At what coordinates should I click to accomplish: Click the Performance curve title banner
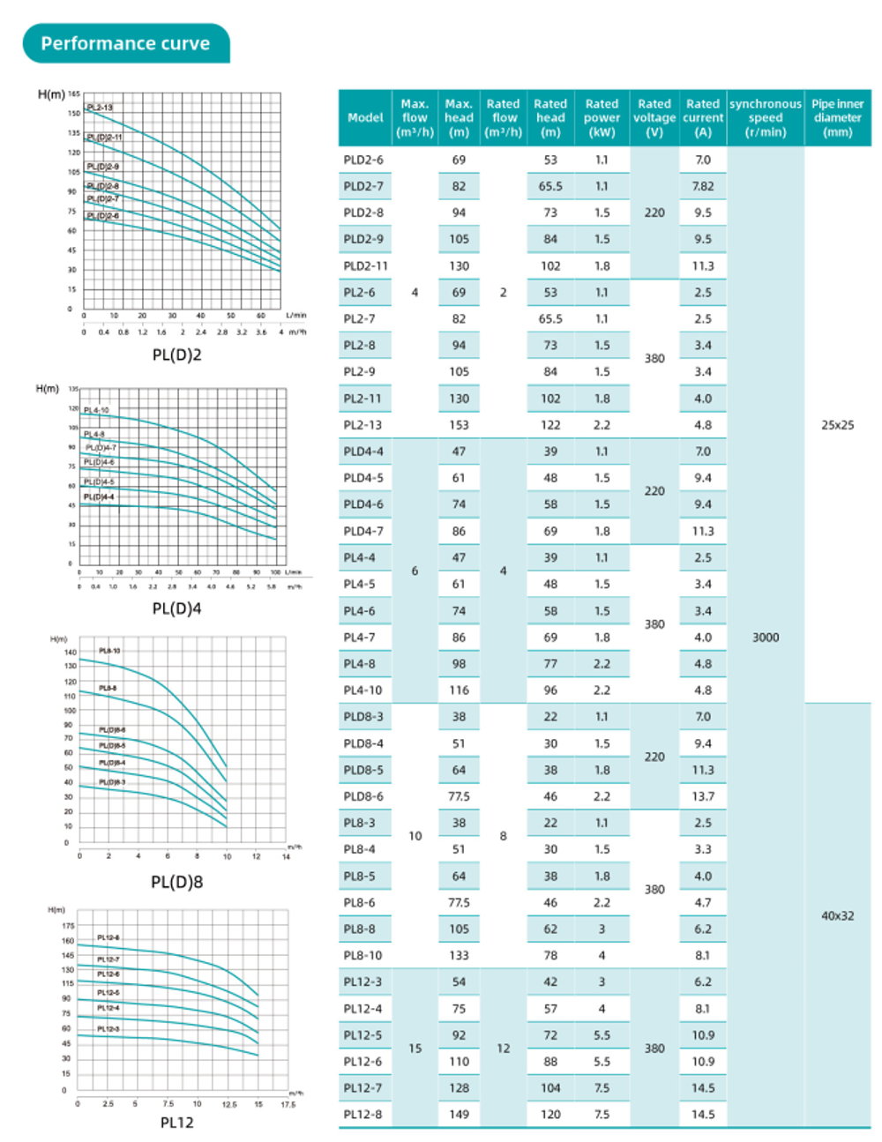click(x=125, y=43)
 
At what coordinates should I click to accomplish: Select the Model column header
click(x=365, y=117)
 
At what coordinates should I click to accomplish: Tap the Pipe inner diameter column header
click(x=837, y=117)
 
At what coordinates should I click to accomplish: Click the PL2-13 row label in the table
click(x=363, y=425)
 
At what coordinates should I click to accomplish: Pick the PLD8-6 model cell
click(x=363, y=796)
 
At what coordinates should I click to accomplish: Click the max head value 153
click(x=459, y=425)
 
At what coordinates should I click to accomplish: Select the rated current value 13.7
click(x=702, y=796)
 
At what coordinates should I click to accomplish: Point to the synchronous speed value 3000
click(x=765, y=637)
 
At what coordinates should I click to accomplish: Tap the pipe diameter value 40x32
click(x=837, y=915)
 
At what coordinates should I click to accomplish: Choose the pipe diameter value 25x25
click(x=837, y=425)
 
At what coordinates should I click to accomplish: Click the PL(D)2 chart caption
click(x=176, y=355)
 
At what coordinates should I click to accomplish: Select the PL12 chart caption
click(x=176, y=1122)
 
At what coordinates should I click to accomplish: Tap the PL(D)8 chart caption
click(x=176, y=882)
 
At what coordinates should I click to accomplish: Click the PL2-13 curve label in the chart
click(x=100, y=108)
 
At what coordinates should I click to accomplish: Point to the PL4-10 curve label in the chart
click(x=96, y=410)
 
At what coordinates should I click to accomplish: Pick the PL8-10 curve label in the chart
click(x=109, y=651)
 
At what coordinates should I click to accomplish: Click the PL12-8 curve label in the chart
click(x=108, y=937)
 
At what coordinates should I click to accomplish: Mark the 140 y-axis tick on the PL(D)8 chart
click(x=71, y=653)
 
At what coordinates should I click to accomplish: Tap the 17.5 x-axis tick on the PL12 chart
click(x=288, y=1104)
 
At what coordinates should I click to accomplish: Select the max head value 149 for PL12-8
click(x=459, y=1114)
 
